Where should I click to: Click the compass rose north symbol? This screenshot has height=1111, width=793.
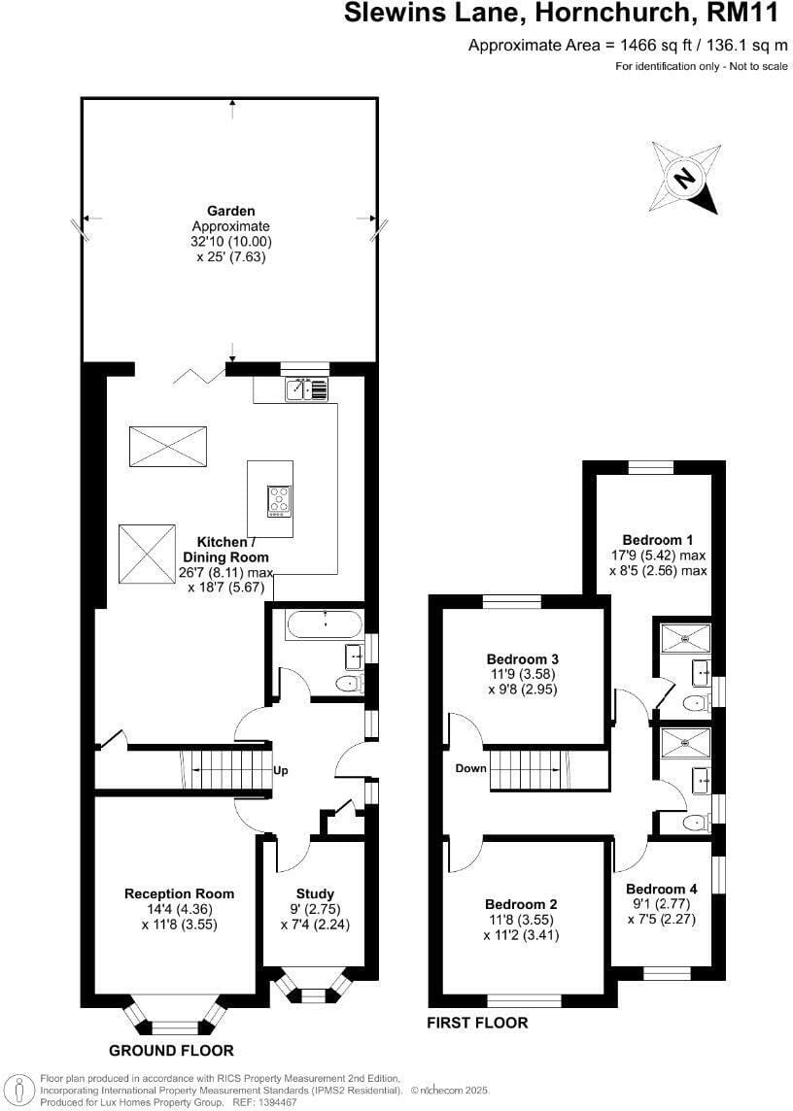click(685, 177)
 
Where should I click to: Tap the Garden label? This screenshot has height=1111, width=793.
click(230, 211)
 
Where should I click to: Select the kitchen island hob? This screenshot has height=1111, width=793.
click(279, 499)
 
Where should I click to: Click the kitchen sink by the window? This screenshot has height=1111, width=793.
click(307, 389)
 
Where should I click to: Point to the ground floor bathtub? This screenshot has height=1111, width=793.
click(325, 625)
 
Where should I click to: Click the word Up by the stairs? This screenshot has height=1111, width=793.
click(280, 771)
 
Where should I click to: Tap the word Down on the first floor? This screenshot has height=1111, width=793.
click(471, 768)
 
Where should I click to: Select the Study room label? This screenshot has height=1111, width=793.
click(315, 893)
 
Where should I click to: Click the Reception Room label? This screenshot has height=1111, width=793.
click(179, 893)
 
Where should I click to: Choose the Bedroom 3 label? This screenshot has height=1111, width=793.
click(523, 658)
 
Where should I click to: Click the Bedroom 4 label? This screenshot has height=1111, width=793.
click(661, 889)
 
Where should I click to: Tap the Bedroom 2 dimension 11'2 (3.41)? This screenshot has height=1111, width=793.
click(521, 935)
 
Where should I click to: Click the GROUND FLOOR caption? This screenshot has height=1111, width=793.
click(171, 1050)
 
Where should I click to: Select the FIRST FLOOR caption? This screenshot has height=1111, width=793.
click(477, 1023)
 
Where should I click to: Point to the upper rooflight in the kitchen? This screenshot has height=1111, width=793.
click(168, 447)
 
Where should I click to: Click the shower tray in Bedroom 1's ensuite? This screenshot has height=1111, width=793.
click(685, 638)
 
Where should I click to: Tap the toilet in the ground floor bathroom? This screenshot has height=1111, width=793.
click(348, 684)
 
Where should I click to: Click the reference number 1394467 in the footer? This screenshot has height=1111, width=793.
click(277, 1103)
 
